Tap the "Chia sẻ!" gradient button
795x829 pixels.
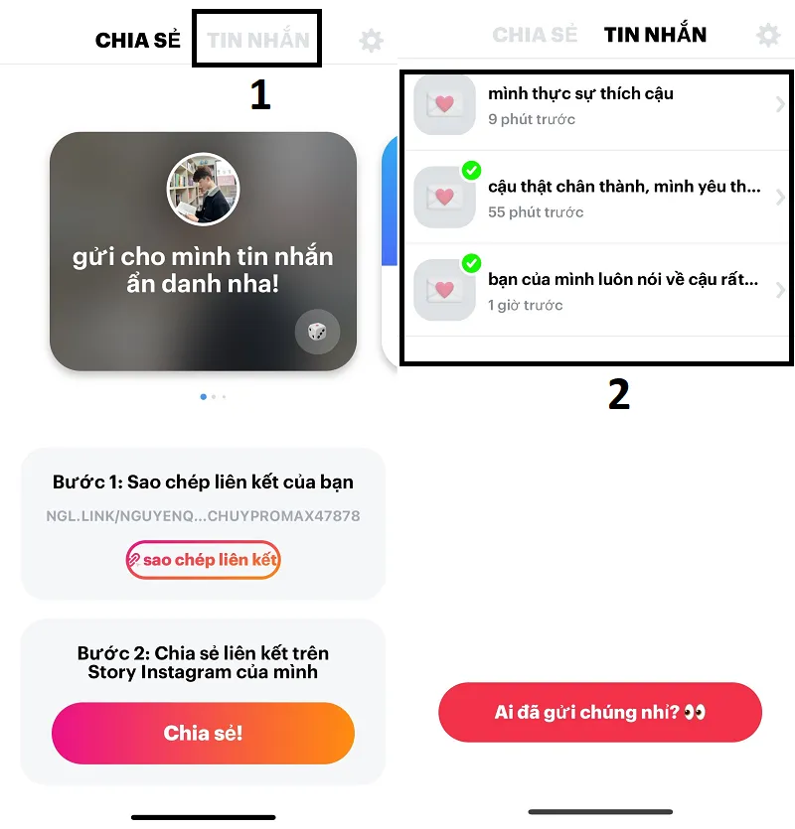point(203,734)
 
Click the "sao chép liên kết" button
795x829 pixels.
point(203,560)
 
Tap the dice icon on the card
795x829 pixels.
point(317,332)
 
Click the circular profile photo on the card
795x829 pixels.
point(203,190)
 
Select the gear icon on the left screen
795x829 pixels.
point(371,41)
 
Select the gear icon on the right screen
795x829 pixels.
point(768,36)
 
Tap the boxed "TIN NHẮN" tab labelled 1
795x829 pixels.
point(257,41)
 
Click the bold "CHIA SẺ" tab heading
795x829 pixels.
point(138,41)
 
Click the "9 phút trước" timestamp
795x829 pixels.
point(532,119)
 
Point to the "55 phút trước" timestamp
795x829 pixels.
point(536,212)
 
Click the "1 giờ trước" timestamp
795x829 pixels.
point(525,305)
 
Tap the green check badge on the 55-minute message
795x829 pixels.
point(472,171)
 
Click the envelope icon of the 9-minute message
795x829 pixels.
point(444,104)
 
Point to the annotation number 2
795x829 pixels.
point(618,394)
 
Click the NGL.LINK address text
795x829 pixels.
point(203,516)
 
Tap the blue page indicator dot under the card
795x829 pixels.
point(204,396)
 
